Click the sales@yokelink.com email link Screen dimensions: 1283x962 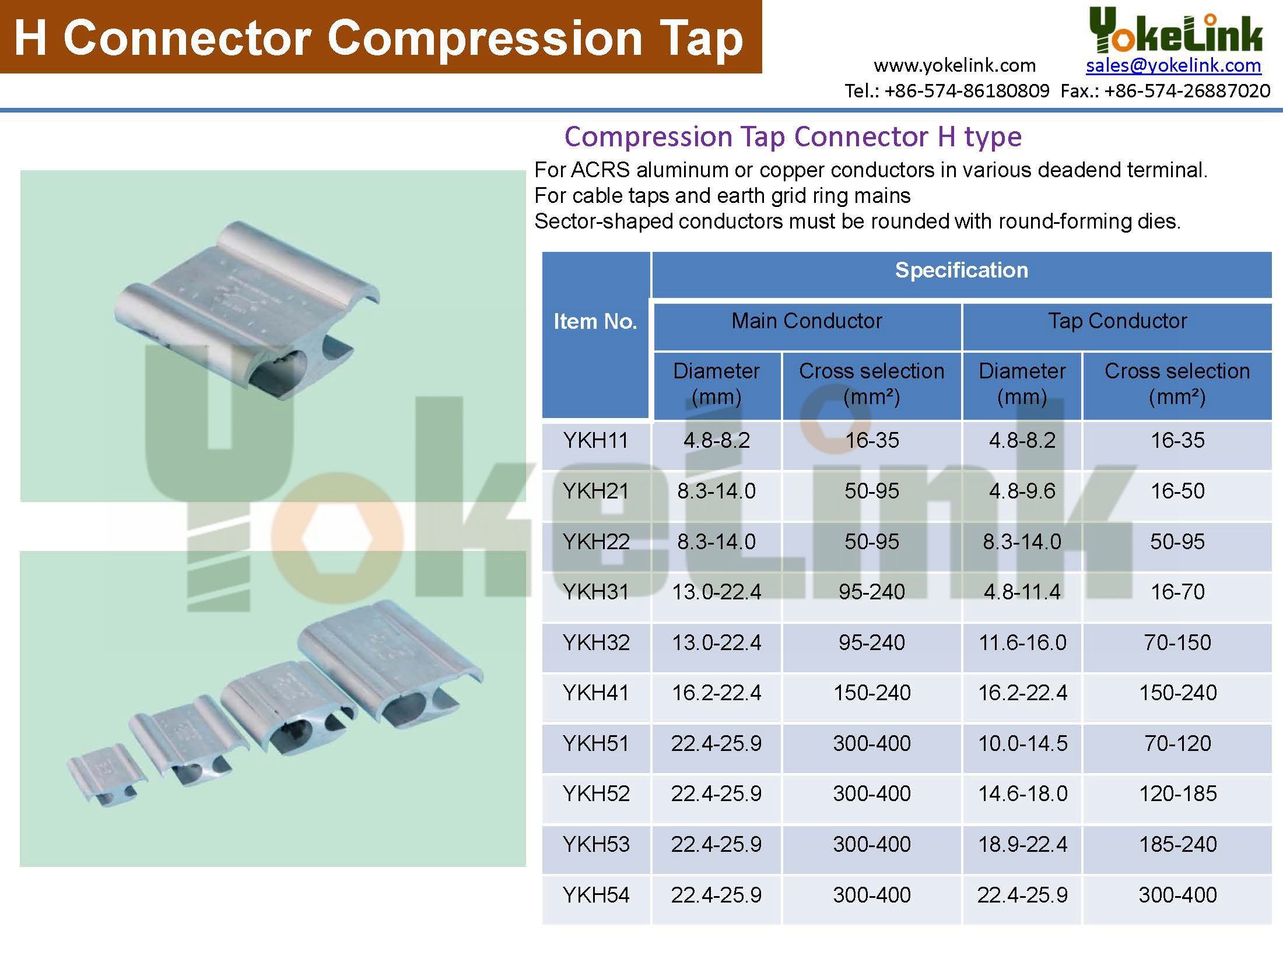(1173, 65)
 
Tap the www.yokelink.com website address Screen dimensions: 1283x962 (955, 65)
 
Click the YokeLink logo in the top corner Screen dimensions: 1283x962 (1176, 33)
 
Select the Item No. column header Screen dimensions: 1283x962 (595, 321)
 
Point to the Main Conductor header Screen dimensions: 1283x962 (807, 321)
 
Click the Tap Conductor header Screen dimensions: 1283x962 (1117, 321)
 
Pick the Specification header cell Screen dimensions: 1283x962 (962, 270)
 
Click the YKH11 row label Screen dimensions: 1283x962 (595, 440)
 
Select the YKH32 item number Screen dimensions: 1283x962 (596, 642)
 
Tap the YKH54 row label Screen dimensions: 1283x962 (596, 895)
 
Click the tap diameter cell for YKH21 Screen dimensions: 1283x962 (1022, 491)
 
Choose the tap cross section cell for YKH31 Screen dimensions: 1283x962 (1177, 592)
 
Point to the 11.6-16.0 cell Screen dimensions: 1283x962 (1022, 642)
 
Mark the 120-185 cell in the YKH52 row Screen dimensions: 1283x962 (1177, 794)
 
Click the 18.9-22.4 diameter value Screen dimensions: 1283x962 (1022, 844)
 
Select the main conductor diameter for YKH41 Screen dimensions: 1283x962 (716, 693)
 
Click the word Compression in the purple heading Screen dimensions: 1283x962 (648, 138)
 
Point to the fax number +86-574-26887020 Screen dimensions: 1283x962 (1187, 91)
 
